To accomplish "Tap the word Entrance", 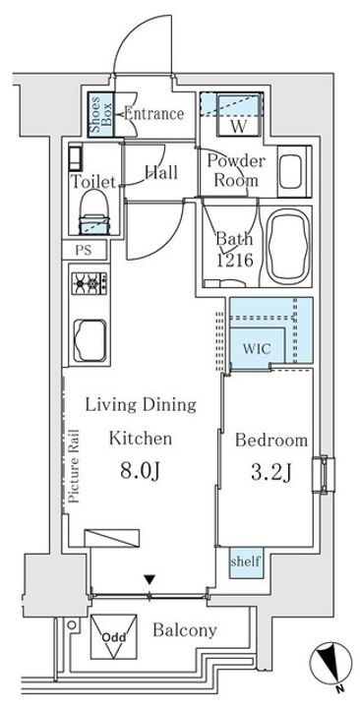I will pyautogui.click(x=153, y=114).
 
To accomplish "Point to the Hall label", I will pyautogui.click(x=160, y=173).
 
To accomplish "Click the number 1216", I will pyautogui.click(x=234, y=260).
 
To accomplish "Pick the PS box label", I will pyautogui.click(x=84, y=251).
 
